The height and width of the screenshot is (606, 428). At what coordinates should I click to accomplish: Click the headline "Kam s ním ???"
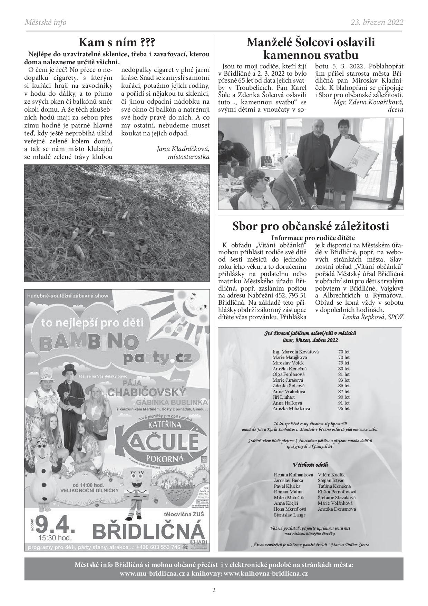click(x=117, y=42)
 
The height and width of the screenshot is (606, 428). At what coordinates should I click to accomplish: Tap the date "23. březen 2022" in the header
click(x=377, y=22)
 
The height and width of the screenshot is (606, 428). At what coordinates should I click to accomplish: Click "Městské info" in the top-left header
click(x=46, y=22)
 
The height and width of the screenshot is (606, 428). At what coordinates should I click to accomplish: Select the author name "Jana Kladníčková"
click(x=183, y=149)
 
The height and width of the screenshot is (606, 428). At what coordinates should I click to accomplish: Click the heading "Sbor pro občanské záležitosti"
click(x=311, y=226)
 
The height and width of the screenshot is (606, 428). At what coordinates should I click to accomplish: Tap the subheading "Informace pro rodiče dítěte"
click(x=313, y=238)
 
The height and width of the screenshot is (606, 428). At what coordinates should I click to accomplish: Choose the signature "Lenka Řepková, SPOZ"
click(x=373, y=317)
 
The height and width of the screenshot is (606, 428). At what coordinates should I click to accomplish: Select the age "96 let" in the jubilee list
click(x=344, y=408)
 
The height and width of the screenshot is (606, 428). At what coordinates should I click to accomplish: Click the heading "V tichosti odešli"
click(x=310, y=464)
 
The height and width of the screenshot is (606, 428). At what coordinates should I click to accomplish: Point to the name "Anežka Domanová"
click(x=337, y=509)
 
